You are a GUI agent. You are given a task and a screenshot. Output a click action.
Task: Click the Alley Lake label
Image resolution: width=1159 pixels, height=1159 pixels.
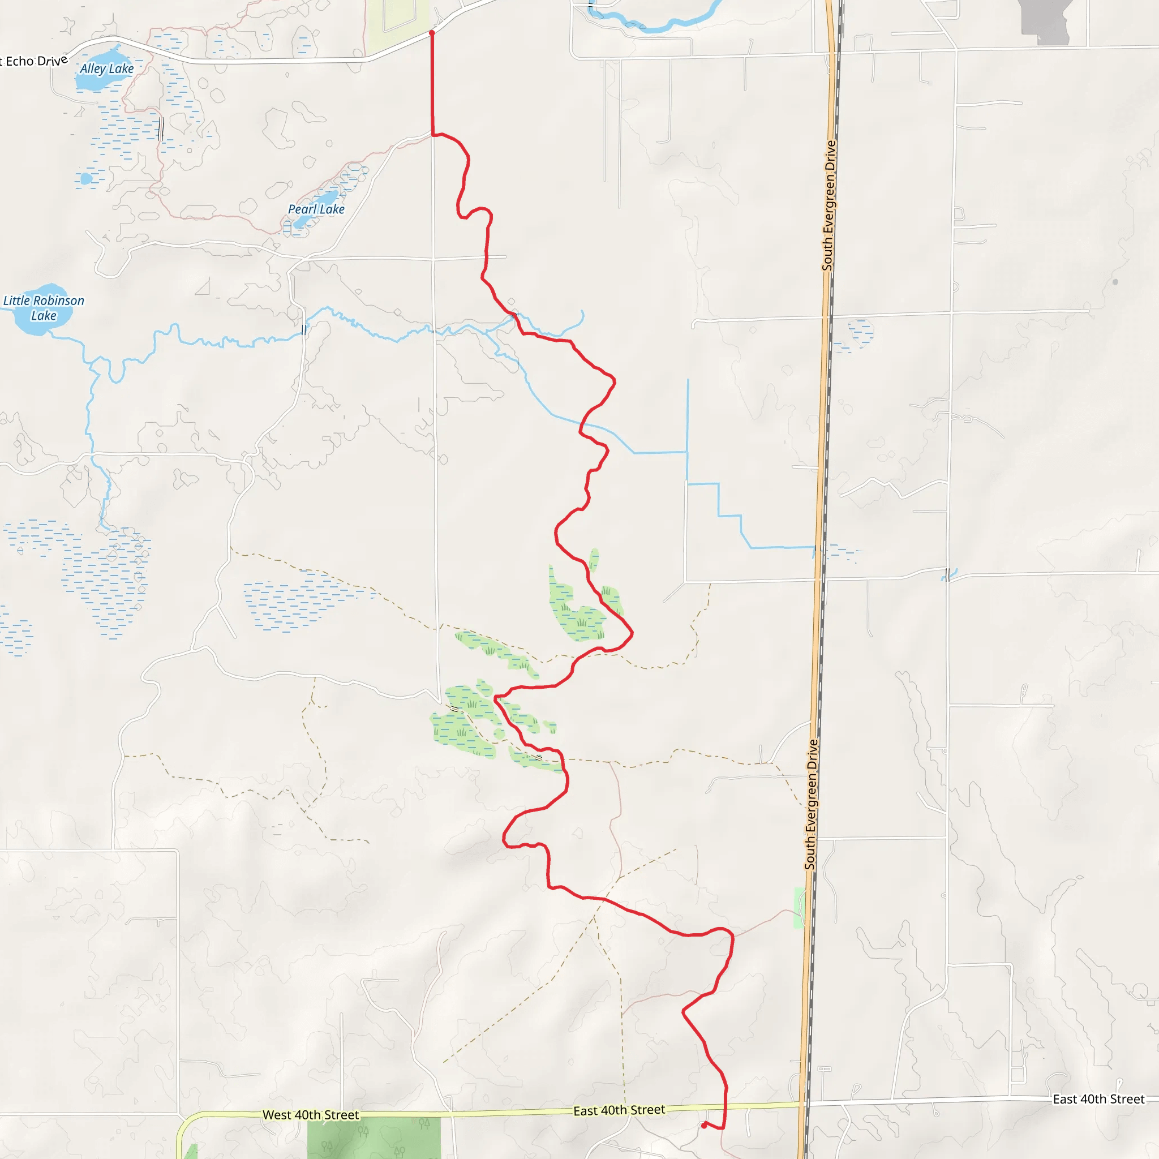point(107,68)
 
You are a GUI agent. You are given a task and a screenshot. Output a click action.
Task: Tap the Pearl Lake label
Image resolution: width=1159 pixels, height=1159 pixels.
point(316,209)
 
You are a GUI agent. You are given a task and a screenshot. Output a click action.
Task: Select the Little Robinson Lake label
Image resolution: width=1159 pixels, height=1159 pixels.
point(44,308)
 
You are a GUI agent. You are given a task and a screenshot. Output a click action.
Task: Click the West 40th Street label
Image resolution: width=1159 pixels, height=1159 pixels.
point(311,1115)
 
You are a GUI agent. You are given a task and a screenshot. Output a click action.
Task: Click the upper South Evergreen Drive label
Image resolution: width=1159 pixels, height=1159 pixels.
point(829,205)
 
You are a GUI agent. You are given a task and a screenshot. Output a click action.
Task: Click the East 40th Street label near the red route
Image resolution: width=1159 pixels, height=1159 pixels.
point(619,1110)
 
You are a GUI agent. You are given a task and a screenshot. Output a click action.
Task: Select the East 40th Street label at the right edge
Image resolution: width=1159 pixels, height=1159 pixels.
point(1099,1099)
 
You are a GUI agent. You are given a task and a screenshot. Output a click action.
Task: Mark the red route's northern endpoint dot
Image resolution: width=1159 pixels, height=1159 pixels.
point(432,33)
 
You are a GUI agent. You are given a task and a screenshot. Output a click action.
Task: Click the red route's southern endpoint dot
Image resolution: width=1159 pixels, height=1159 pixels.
point(703,1126)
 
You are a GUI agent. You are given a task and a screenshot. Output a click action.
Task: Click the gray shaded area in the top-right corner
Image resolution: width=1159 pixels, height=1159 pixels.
point(1046,21)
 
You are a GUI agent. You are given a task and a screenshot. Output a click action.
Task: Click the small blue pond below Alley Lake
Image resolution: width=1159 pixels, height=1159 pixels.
point(87,179)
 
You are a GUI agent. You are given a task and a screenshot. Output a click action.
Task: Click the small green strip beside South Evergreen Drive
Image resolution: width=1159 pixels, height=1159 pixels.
point(799,908)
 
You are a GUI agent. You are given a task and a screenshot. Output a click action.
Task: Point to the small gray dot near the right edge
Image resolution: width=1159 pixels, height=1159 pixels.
point(1115,281)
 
